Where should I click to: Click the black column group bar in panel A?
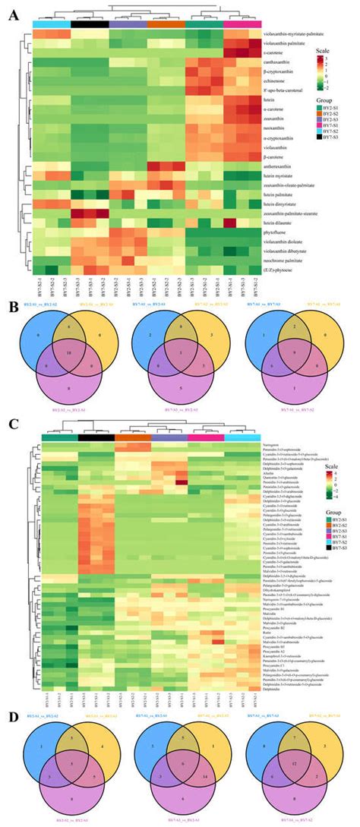pos(89,24)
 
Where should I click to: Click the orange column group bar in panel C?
pos(132,437)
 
